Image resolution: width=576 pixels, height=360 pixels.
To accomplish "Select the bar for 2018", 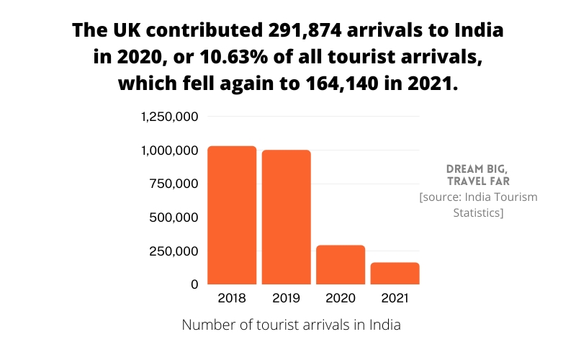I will (x=232, y=215).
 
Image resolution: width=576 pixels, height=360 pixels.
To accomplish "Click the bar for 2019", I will (x=286, y=217).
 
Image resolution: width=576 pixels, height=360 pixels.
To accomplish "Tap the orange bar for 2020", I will (x=341, y=264).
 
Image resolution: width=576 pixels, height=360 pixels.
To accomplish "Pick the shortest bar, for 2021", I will (x=395, y=273).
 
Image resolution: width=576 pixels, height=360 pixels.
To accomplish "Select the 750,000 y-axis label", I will (x=174, y=184).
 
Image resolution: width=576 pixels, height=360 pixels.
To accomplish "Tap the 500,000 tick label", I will (x=174, y=217).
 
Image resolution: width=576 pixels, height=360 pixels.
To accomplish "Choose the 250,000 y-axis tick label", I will (x=174, y=251).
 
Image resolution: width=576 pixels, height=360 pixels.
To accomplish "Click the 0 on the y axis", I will (x=194, y=284).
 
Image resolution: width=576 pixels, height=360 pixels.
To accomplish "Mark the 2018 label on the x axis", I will (x=232, y=298).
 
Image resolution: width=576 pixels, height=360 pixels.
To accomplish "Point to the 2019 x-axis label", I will (x=286, y=298).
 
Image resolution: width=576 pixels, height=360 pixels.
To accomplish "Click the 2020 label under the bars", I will (x=341, y=298).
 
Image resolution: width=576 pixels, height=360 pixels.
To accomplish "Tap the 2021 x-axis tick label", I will (x=395, y=298).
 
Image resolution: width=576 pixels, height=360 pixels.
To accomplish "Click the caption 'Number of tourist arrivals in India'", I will (x=291, y=325).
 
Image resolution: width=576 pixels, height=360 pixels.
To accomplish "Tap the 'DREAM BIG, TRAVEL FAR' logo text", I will (x=478, y=174).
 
